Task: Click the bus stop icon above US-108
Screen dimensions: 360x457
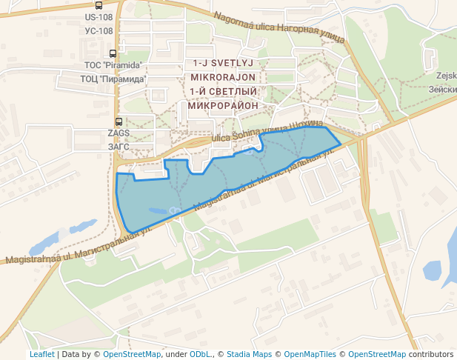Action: click(99, 5)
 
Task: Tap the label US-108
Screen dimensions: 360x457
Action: click(99, 17)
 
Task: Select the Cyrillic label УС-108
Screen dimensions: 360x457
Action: click(99, 30)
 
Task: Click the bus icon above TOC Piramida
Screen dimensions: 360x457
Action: click(113, 53)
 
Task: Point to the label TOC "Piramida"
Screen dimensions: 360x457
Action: click(113, 65)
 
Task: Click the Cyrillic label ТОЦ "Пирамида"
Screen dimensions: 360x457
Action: click(113, 78)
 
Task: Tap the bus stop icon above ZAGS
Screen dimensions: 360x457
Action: click(119, 121)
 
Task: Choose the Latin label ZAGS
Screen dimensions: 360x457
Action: click(119, 133)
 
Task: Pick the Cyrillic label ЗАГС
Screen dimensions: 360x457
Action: click(119, 146)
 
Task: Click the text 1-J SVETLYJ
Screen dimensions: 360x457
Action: click(223, 64)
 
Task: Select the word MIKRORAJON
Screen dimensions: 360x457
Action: click(223, 77)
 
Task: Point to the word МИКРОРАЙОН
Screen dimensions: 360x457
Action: click(223, 105)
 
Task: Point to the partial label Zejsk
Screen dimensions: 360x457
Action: click(447, 76)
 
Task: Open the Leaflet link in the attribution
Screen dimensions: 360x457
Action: click(42, 354)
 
